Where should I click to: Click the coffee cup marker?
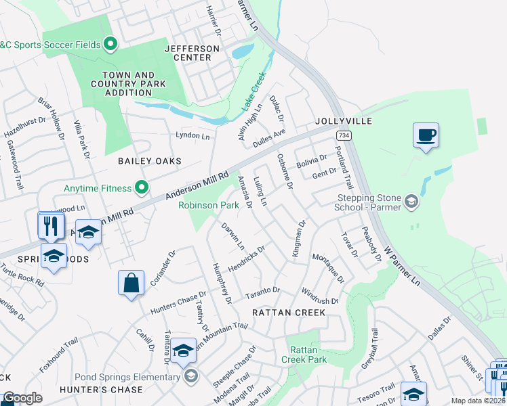point(425,135)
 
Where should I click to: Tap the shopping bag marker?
point(131,283)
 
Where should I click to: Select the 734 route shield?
point(343,135)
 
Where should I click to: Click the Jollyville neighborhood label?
point(343,121)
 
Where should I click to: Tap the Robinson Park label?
point(208,204)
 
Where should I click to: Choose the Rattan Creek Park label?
point(308,355)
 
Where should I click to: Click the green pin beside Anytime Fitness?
point(142,186)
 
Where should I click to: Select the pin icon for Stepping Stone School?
point(410,201)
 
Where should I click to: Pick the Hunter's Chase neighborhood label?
point(101,390)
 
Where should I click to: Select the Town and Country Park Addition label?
point(128,84)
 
